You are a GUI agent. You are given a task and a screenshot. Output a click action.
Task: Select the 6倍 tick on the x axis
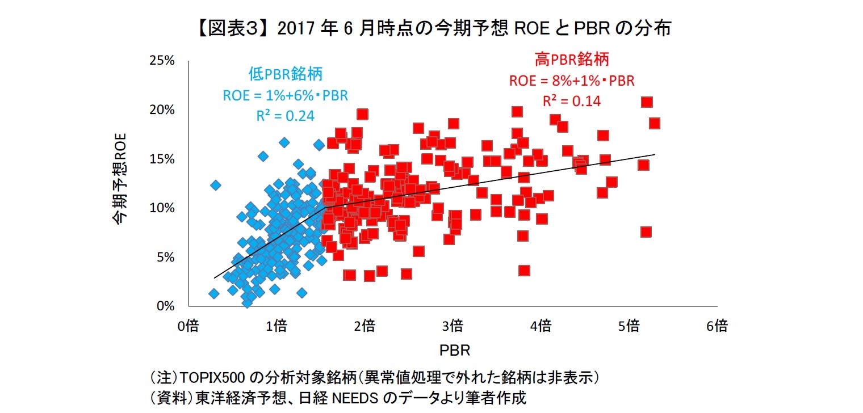(717, 326)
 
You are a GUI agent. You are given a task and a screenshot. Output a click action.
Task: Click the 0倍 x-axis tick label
(188, 326)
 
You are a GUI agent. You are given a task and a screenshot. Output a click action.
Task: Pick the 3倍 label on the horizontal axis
(453, 326)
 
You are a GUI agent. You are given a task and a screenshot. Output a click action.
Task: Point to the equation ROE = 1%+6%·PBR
(286, 95)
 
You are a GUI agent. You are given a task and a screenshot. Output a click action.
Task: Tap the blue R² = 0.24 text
(286, 115)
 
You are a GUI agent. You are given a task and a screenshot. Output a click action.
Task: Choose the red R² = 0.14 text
(572, 101)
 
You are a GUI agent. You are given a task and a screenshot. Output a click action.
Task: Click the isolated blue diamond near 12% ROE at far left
(215, 185)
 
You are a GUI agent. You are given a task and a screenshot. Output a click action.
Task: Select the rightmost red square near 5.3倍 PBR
(654, 123)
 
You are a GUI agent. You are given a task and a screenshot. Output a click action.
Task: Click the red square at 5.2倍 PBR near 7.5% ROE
(646, 231)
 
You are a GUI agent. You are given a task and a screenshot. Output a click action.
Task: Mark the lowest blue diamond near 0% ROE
(247, 302)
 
